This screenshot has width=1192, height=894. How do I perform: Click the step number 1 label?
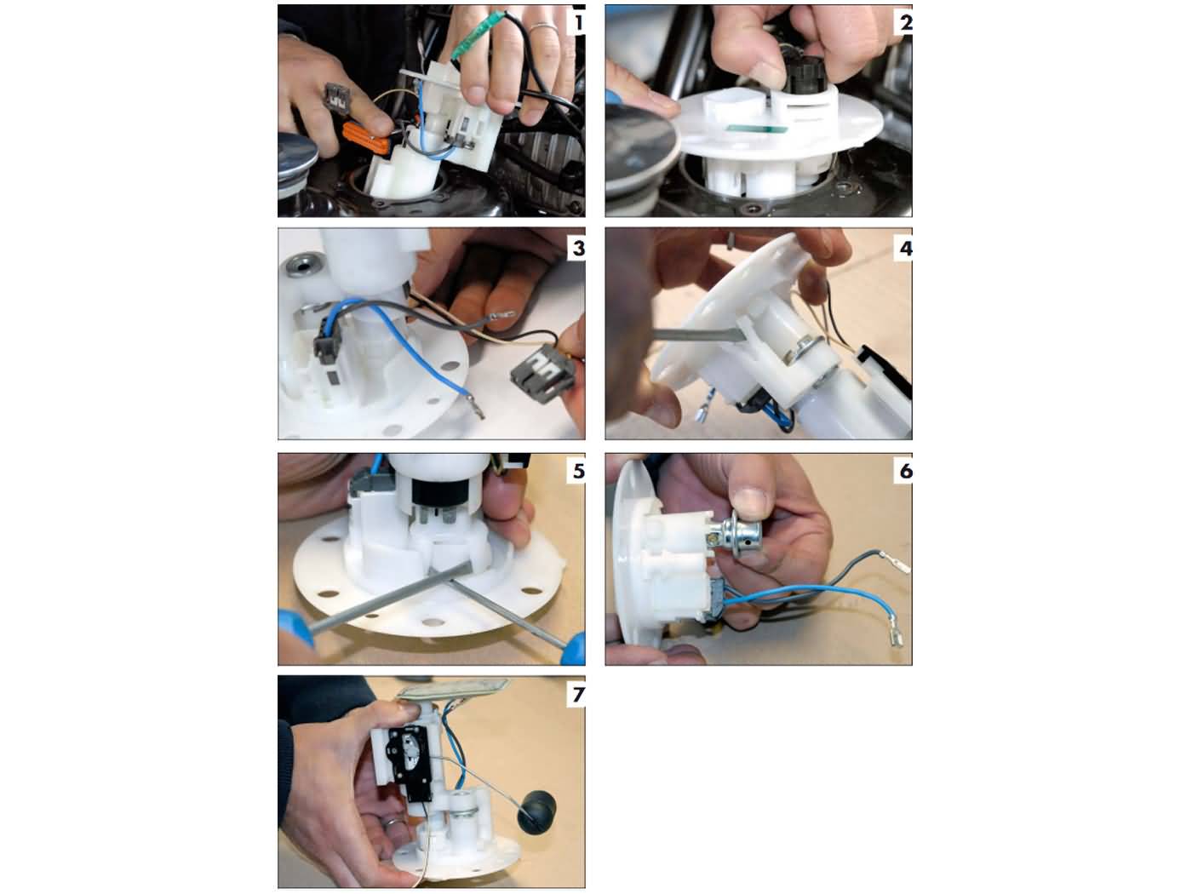coord(577,20)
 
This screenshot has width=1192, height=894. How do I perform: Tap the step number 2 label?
coord(904,21)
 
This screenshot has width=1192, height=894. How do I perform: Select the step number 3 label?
coord(577,248)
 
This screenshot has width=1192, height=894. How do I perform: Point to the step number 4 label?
coord(904,248)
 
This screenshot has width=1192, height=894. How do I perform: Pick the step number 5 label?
coord(577,470)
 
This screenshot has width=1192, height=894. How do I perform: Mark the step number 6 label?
coord(904,470)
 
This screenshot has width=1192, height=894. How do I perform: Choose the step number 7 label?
coord(577,694)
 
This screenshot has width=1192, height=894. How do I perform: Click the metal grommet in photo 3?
coord(301,266)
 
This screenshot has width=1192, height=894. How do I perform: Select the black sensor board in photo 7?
coord(407,754)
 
